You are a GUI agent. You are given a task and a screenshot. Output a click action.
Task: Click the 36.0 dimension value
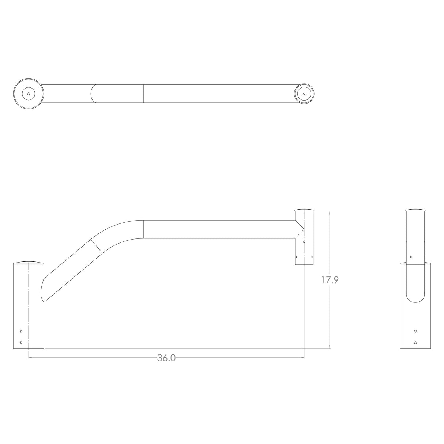click(166, 358)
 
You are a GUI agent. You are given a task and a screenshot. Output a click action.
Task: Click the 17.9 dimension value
click(330, 281)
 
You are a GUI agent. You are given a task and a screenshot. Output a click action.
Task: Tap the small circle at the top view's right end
click(304, 93)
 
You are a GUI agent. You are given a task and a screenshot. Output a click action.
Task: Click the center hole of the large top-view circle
click(28, 94)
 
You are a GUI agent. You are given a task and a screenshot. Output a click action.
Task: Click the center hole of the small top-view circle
click(304, 93)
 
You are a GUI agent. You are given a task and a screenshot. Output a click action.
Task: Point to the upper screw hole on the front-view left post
click(21, 331)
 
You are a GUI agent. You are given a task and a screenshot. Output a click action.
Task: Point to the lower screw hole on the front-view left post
click(21, 342)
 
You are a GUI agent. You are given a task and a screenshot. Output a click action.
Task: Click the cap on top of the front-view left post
click(29, 263)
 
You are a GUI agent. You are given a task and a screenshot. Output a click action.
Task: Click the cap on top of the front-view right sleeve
click(304, 210)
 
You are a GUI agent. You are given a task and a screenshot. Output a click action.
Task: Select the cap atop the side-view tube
click(415, 210)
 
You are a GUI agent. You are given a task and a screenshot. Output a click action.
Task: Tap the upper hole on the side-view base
click(415, 331)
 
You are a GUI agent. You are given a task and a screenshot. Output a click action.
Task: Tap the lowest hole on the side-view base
click(415, 343)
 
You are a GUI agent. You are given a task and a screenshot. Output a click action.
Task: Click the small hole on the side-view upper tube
click(411, 257)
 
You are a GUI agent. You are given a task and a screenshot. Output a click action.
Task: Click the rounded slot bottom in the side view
click(415, 301)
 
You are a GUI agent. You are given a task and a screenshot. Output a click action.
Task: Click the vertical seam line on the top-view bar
click(143, 93)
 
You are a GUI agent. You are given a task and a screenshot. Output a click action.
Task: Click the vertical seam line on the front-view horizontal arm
click(143, 229)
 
